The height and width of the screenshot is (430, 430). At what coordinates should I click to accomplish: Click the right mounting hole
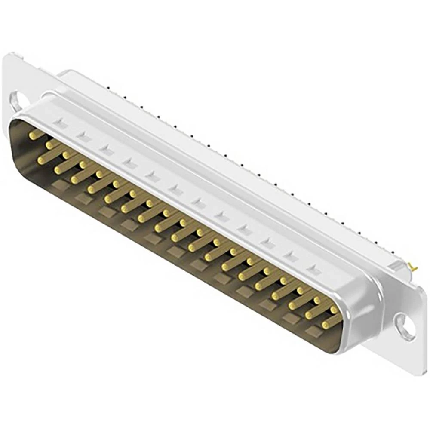(x=404, y=323)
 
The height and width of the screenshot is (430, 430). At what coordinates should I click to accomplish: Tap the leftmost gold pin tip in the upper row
(x=32, y=136)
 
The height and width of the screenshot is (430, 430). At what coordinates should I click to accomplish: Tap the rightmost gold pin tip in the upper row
(x=334, y=310)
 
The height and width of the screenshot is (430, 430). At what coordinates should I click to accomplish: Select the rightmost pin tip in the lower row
(x=326, y=322)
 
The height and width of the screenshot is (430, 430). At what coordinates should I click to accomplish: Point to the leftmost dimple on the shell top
(x=60, y=124)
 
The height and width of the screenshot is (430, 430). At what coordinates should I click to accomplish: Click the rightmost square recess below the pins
(x=313, y=331)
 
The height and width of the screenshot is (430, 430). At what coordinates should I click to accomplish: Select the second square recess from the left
(x=82, y=198)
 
